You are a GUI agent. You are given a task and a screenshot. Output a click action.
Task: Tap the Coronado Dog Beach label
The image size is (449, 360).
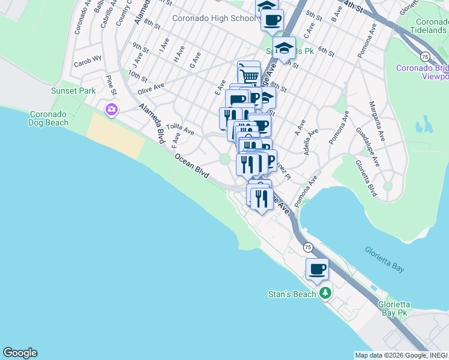(x=49, y=118)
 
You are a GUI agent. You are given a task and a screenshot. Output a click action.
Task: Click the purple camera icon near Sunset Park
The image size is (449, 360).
(x=112, y=109)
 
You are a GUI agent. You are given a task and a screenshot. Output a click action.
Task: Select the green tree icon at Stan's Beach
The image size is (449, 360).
(x=325, y=293)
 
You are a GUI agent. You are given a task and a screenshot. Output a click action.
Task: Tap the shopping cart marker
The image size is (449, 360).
(x=249, y=76)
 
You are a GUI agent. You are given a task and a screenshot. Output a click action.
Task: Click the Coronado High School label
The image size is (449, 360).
(x=213, y=18)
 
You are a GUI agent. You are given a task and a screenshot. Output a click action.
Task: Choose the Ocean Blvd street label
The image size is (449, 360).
(x=192, y=166)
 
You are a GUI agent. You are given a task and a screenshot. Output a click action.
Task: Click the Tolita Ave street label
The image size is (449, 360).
(x=181, y=130)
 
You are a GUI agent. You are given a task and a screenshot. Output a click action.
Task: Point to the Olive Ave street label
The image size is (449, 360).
(x=151, y=88)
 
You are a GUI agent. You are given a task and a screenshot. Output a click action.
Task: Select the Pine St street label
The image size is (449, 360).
(x=111, y=84)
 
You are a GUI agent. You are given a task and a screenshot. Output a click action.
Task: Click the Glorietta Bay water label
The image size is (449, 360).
(x=385, y=259)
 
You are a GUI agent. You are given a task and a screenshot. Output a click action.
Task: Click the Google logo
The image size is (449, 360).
(x=20, y=353)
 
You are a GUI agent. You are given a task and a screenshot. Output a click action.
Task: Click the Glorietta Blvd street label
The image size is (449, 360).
(x=366, y=178)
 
